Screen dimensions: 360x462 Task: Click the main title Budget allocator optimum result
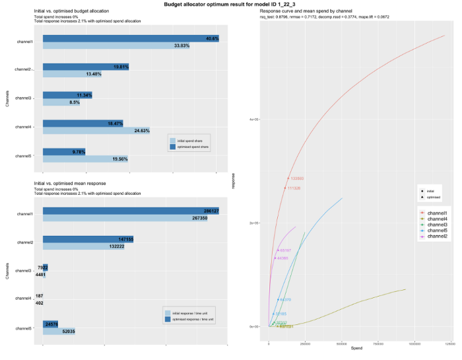click(231, 4)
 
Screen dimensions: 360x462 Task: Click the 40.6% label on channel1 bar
click(211, 38)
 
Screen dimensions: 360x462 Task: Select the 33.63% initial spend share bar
click(116, 46)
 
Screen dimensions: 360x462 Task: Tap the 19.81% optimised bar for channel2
click(86, 67)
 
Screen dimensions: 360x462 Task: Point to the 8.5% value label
click(74, 102)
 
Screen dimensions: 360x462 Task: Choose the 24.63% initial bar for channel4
click(96, 130)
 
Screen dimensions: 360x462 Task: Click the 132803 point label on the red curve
click(297, 178)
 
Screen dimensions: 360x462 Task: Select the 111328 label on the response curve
click(294, 188)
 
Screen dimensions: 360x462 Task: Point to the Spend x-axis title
click(356, 348)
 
